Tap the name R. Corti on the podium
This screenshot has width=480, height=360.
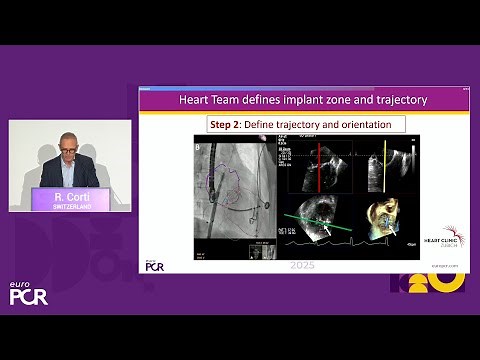point(69,199)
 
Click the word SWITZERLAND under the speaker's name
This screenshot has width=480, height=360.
point(69,207)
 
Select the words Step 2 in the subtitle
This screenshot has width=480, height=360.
point(229,124)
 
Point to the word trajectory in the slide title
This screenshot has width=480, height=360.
point(397,100)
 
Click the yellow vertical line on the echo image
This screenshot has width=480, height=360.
point(385,165)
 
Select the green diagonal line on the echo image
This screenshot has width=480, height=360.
point(320,220)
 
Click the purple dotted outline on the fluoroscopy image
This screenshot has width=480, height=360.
point(221,185)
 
